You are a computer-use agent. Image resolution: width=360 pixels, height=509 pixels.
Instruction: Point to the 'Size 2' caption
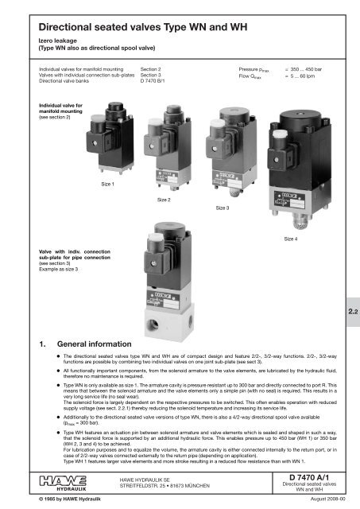pos(165,199)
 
